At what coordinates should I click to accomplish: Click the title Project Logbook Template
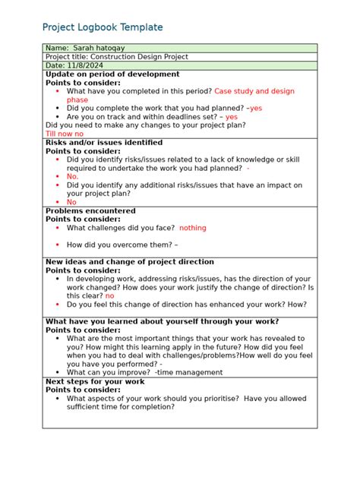pyautogui.click(x=103, y=27)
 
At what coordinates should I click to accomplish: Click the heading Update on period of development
pyautogui.click(x=112, y=74)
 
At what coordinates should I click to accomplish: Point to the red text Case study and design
pyautogui.click(x=254, y=91)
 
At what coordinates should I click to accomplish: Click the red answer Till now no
pyautogui.click(x=65, y=134)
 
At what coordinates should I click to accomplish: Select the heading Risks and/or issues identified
pyautogui.click(x=104, y=143)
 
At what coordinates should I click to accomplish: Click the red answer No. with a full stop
pyautogui.click(x=73, y=176)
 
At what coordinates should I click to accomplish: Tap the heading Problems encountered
pyautogui.click(x=90, y=210)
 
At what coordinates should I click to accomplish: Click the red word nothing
pyautogui.click(x=193, y=228)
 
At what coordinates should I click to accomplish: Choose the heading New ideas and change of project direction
pyautogui.click(x=130, y=262)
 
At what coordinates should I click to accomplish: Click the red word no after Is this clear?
pyautogui.click(x=109, y=295)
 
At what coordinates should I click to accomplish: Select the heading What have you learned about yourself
pyautogui.click(x=162, y=321)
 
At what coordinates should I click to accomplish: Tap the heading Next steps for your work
pyautogui.click(x=95, y=381)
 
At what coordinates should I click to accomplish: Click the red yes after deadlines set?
pyautogui.click(x=231, y=117)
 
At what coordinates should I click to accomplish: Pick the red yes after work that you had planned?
pyautogui.click(x=256, y=108)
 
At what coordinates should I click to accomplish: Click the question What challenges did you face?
pyautogui.click(x=121, y=228)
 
